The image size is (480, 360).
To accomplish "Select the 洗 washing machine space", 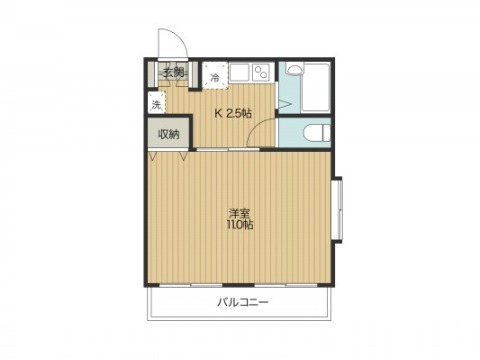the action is coord(156,103).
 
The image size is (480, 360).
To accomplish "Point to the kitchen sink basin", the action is coord(239,72).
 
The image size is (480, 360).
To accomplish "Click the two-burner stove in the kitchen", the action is coord(263,72).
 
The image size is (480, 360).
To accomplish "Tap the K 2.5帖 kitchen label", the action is coord(233,114).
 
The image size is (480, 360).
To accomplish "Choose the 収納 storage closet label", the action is coord(169,134).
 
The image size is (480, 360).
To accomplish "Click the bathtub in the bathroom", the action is coord(316,87).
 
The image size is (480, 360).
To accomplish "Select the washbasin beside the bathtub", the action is coord(294,70).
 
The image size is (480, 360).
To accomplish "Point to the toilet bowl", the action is coord(317,132).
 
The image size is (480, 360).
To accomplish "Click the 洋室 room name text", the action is coord(239,213).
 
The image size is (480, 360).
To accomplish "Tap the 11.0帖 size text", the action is coord(240,225).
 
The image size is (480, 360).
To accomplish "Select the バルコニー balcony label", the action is coord(243,302).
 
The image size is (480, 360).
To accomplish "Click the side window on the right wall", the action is coord(337,210).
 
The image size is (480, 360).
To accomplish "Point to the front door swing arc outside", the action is coord(179,37).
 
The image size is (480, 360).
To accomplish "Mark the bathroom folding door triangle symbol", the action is coord(285,105).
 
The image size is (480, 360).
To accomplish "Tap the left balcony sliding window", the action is coord(191,285).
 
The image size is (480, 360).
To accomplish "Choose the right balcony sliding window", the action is coord(286,285).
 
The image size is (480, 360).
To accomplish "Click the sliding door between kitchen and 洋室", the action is coord(228,149).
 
